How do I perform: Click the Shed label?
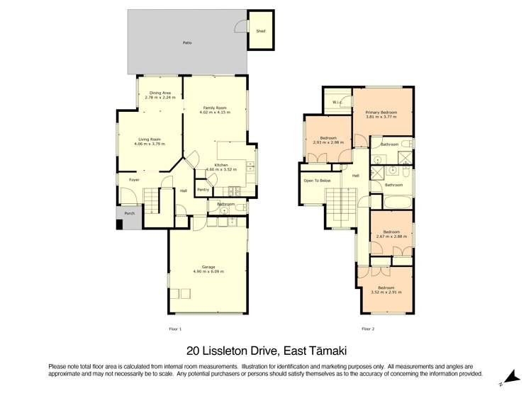[260, 31]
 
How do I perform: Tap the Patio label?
[187, 43]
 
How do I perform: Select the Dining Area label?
[160, 93]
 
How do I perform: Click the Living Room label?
[149, 140]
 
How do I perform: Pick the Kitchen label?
[221, 166]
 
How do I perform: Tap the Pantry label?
[203, 189]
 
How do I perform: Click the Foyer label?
[133, 180]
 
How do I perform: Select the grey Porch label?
[129, 213]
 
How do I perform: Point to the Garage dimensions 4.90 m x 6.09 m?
[208, 271]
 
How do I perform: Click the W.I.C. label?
[337, 102]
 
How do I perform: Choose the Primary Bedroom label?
[381, 113]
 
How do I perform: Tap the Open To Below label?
[317, 181]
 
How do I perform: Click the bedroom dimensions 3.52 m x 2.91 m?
[386, 292]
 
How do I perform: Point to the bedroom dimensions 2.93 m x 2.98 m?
[328, 142]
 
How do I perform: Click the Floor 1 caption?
[175, 329]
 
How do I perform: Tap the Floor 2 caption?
[368, 329]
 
